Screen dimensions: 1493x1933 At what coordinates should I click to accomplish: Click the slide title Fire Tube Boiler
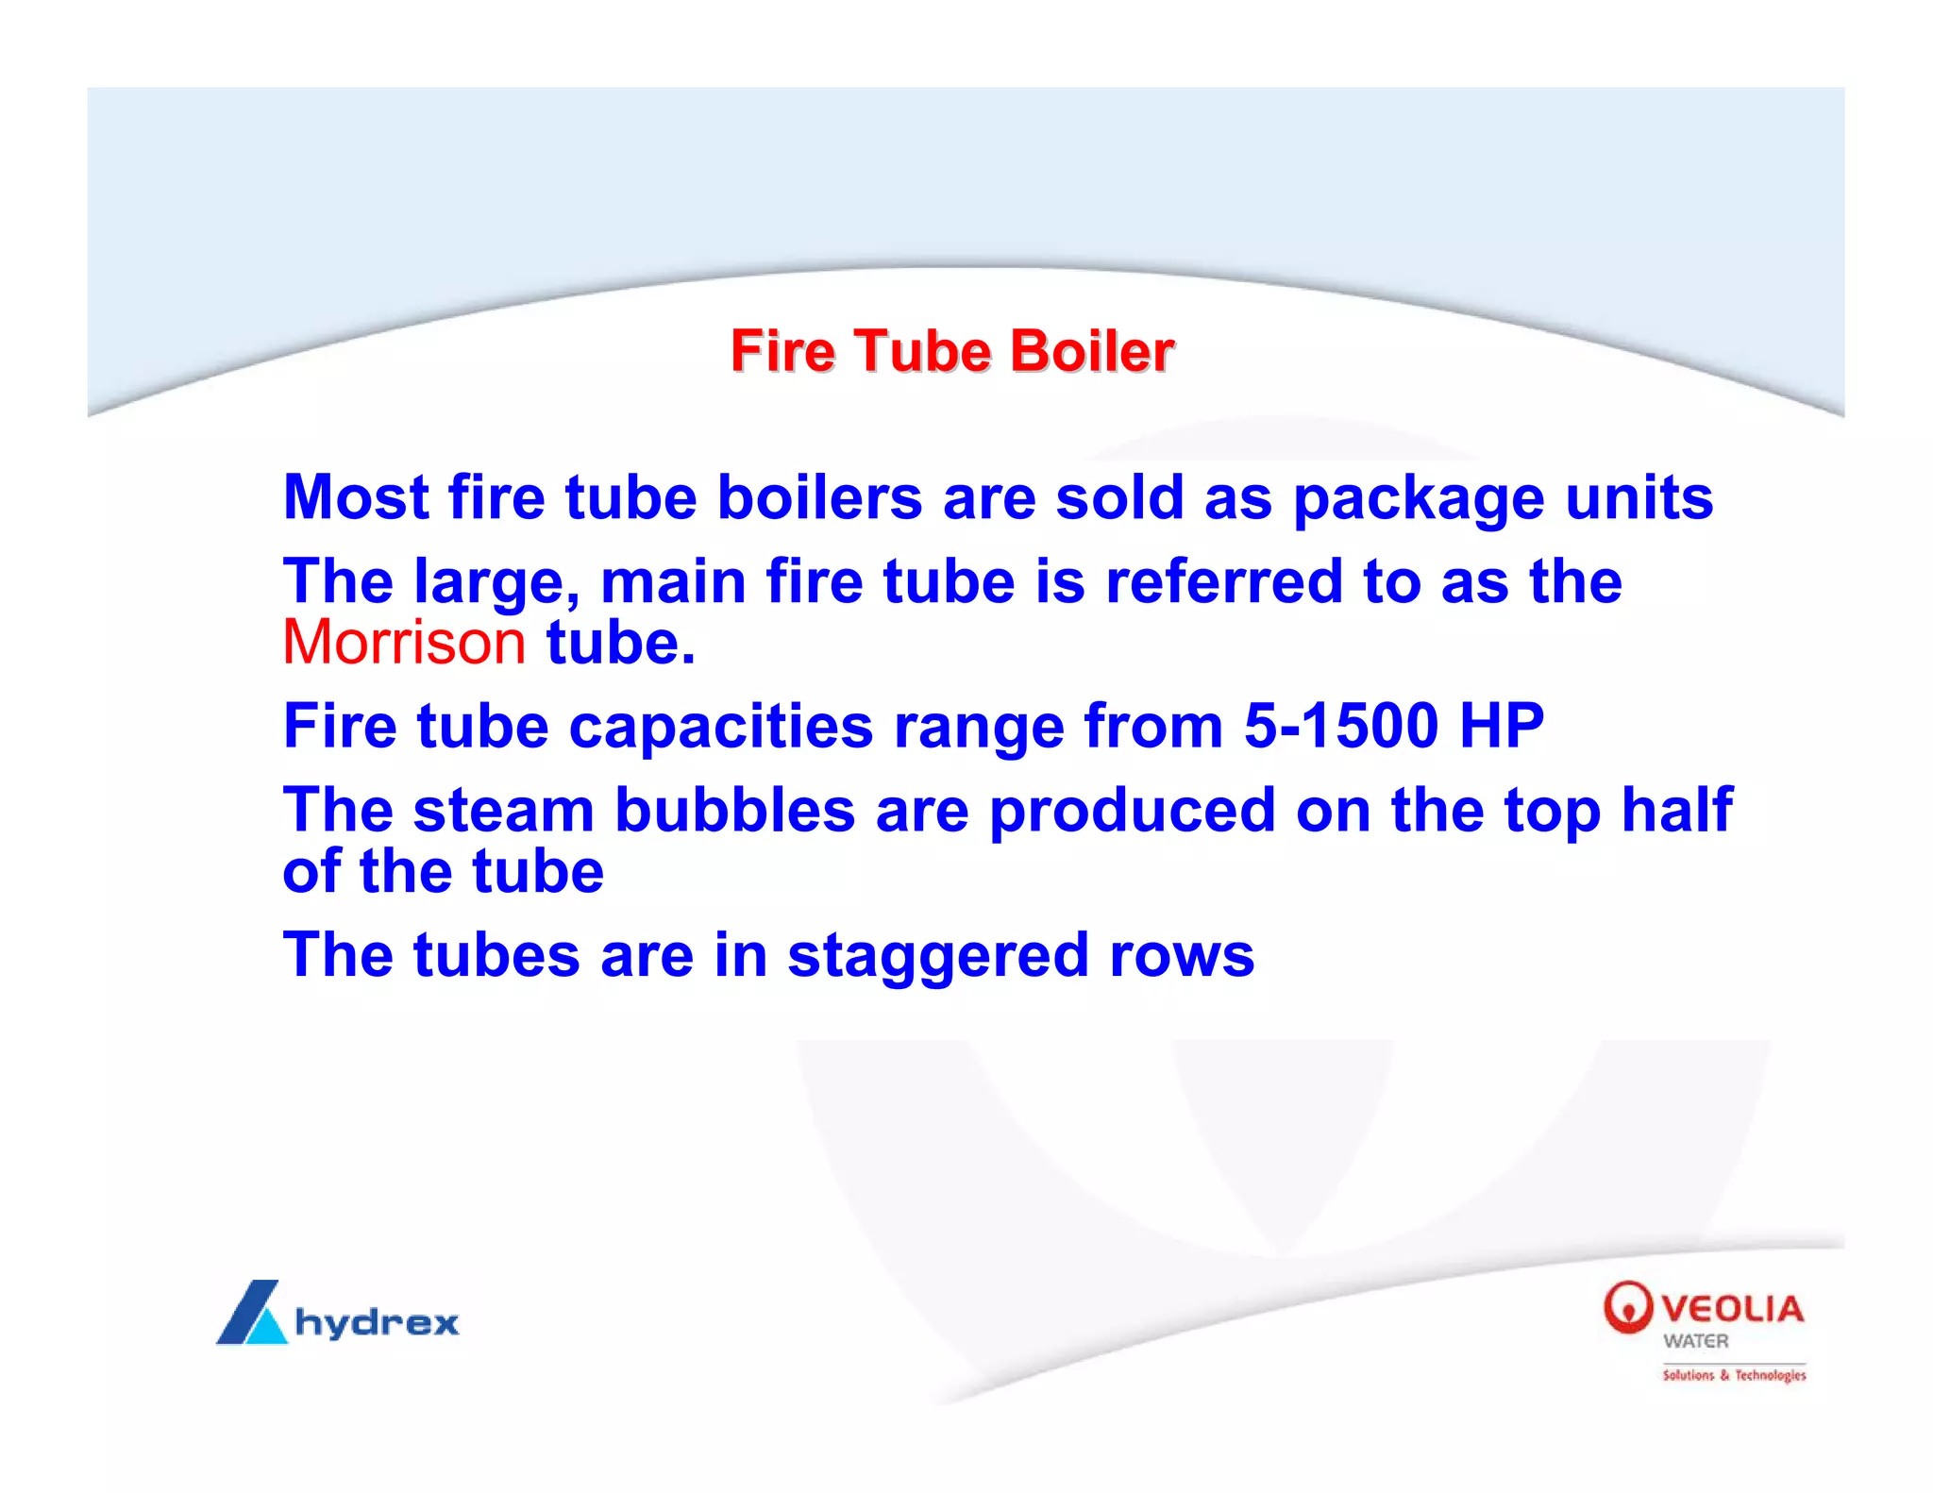[951, 352]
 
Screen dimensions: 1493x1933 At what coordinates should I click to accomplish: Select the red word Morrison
[404, 643]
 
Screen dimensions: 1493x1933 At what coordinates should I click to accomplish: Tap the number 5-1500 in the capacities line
[1340, 726]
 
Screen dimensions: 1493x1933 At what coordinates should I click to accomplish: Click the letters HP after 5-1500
[1501, 726]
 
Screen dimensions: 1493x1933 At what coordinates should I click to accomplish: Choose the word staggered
[938, 957]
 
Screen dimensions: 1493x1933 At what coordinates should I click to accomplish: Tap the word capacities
[721, 727]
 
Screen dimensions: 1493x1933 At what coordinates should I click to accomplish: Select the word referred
[1223, 581]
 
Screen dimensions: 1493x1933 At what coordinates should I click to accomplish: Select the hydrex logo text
[377, 1322]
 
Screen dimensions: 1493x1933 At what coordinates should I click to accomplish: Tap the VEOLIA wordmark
[1732, 1309]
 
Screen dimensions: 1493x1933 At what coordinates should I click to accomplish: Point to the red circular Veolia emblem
[1628, 1307]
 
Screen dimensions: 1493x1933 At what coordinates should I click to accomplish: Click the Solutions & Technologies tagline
[1734, 1375]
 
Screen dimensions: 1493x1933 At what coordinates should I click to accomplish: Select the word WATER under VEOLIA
[1696, 1341]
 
